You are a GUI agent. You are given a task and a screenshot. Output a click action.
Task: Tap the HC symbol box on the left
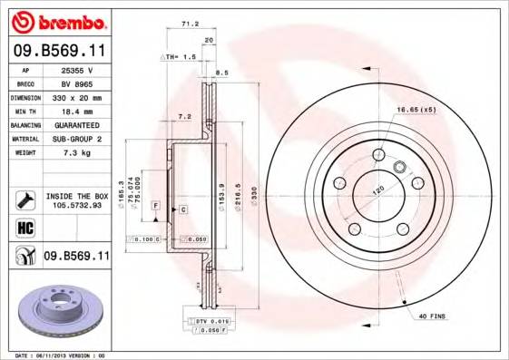(25, 227)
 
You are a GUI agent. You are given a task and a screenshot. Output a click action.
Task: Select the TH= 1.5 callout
(180, 57)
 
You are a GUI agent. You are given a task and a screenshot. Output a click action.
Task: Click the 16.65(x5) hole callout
(416, 111)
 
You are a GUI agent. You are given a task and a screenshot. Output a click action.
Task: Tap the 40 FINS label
(430, 316)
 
